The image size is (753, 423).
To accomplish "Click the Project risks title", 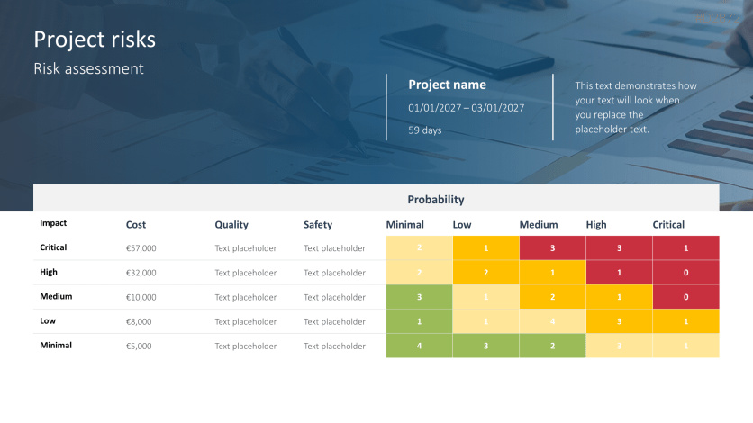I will click(95, 40).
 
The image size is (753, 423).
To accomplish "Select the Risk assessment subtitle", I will click(88, 68).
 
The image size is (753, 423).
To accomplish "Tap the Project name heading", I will click(447, 85).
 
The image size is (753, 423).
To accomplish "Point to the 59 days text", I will click(424, 130).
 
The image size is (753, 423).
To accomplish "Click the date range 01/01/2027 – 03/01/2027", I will click(466, 108).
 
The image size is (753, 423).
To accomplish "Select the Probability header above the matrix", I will click(436, 199).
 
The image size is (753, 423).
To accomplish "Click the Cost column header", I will click(136, 224).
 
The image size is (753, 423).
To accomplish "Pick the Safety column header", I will click(318, 224).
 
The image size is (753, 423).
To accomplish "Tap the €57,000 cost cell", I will click(141, 247).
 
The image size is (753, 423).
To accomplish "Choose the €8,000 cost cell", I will click(139, 321).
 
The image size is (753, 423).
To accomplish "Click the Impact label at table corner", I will click(53, 223).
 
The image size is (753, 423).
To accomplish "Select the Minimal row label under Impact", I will click(56, 346).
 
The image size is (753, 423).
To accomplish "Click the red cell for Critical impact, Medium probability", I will click(552, 247).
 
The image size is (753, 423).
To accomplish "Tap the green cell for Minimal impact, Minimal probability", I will click(419, 346).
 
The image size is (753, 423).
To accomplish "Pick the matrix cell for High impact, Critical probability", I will click(685, 272).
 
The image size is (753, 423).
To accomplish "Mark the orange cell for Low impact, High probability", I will click(619, 321).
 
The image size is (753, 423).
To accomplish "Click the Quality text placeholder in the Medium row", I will click(245, 297).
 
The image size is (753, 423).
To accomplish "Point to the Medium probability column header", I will click(539, 224).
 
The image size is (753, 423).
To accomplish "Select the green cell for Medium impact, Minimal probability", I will click(419, 297).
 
